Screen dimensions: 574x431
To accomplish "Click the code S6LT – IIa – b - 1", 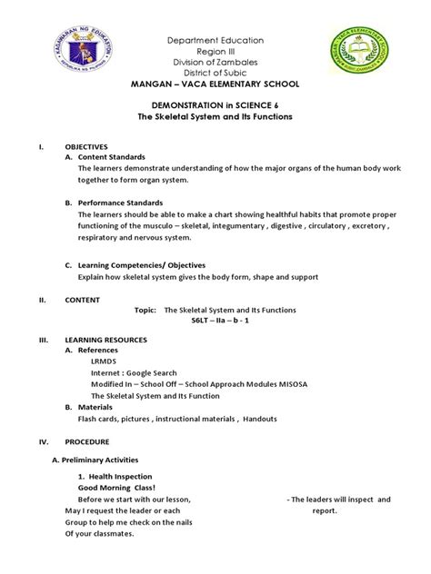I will coord(215,322).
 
